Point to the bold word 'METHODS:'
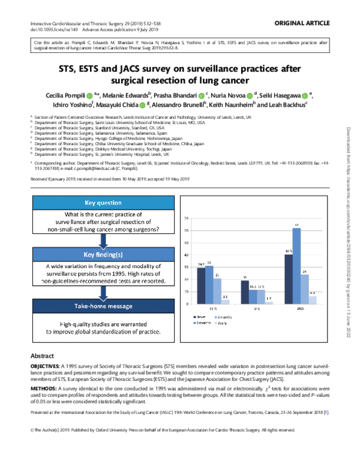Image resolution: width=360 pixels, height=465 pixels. click(43, 388)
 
